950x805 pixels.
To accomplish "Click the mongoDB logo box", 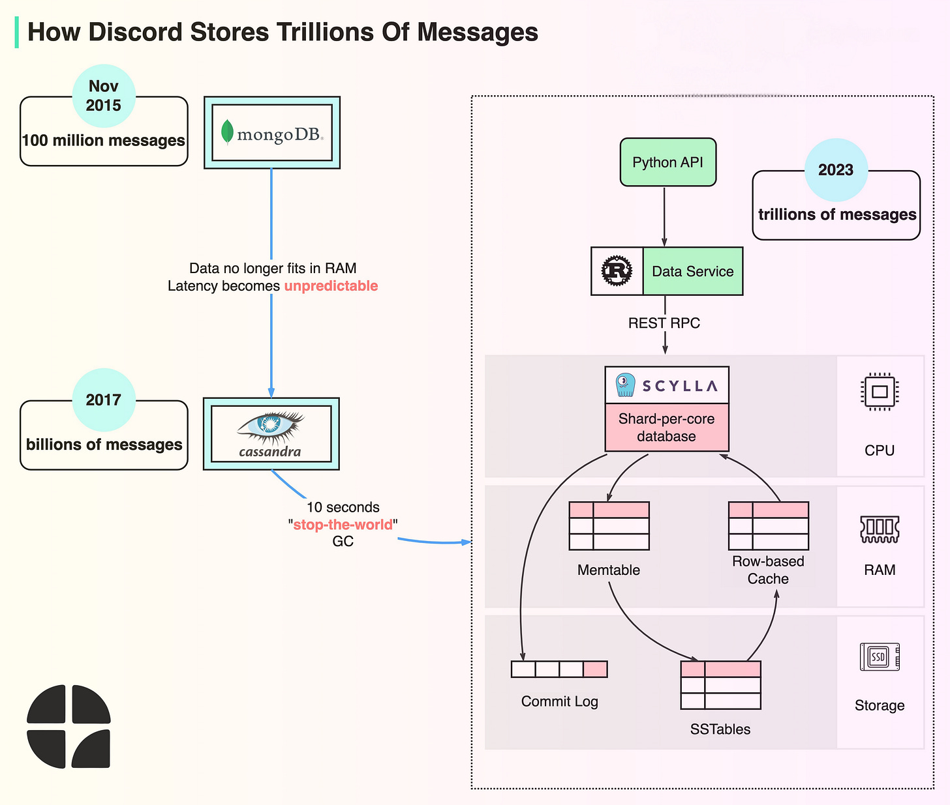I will pyautogui.click(x=272, y=133).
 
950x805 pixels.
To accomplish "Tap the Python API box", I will pyautogui.click(x=667, y=162).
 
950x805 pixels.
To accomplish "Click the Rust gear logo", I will pyautogui.click(x=617, y=271).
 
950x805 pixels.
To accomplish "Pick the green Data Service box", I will pyautogui.click(x=692, y=271).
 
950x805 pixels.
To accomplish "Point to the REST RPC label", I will pyautogui.click(x=664, y=323).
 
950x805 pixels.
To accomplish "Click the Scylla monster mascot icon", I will pyautogui.click(x=625, y=385).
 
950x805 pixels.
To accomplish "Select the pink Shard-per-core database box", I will pyautogui.click(x=666, y=428).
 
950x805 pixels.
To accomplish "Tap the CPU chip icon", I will pyautogui.click(x=879, y=391).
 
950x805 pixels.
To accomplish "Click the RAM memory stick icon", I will pyautogui.click(x=880, y=529).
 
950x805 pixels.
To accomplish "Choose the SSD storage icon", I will pyautogui.click(x=880, y=656).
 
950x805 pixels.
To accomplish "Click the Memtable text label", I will pyautogui.click(x=608, y=570).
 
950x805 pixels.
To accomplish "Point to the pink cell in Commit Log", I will pyautogui.click(x=595, y=669).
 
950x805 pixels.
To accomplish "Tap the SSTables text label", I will pyautogui.click(x=720, y=729).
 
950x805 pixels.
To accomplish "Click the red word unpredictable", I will pyautogui.click(x=331, y=286).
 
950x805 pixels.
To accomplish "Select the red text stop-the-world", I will pyautogui.click(x=343, y=525).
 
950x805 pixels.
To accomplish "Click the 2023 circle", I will pyautogui.click(x=836, y=170).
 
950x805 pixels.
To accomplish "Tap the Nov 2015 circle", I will pyautogui.click(x=104, y=96).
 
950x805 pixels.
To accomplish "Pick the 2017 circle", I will pyautogui.click(x=104, y=400).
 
